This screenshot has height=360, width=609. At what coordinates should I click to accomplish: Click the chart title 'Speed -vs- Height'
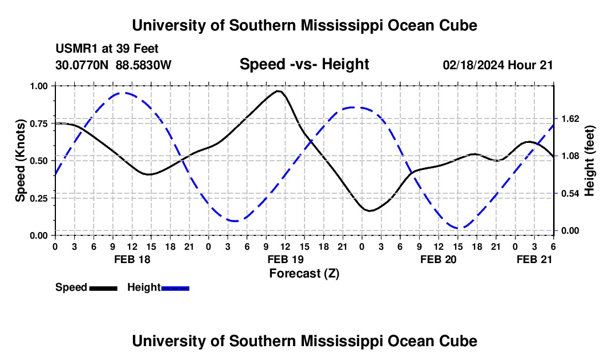[x=304, y=64]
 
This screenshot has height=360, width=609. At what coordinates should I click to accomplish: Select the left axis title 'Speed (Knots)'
[x=20, y=161]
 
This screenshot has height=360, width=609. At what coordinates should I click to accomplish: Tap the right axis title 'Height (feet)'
[x=589, y=161]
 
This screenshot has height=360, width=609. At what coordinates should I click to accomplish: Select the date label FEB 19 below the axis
[x=285, y=259]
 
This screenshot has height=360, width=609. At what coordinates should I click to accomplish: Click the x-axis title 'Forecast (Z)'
[x=304, y=272]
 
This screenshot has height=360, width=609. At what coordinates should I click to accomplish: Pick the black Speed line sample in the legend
[x=103, y=287]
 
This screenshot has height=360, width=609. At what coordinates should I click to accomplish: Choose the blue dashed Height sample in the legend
[x=175, y=287]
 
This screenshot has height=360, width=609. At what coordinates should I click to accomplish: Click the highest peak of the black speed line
[x=278, y=91]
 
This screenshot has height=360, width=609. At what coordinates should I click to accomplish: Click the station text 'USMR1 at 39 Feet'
[x=107, y=49]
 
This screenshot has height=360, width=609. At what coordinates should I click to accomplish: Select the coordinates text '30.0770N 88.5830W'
[x=113, y=65]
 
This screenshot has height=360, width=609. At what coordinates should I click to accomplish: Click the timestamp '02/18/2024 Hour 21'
[x=498, y=65]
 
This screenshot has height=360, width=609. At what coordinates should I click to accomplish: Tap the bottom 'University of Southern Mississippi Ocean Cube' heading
[x=304, y=341]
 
